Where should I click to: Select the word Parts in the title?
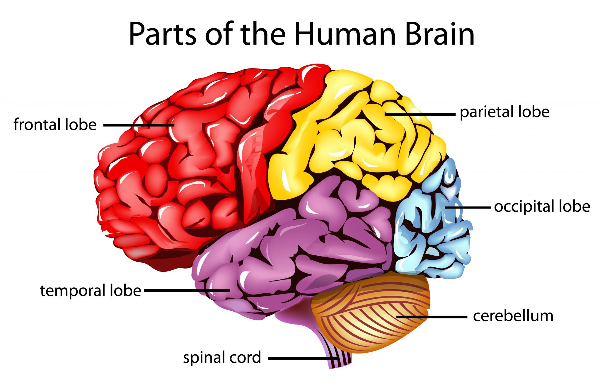(x=163, y=35)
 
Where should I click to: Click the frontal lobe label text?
(x=55, y=124)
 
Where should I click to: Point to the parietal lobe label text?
(x=504, y=112)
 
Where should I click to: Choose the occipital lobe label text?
(x=542, y=206)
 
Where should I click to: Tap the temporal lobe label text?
(x=91, y=291)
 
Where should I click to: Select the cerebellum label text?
(x=513, y=316)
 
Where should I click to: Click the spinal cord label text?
(x=222, y=358)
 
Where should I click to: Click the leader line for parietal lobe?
(x=420, y=114)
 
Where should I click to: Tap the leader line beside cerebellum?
(x=432, y=317)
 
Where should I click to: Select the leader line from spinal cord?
(x=302, y=358)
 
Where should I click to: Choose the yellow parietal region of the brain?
(x=352, y=132)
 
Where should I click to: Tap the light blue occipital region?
(x=431, y=228)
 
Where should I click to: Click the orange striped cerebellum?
(x=372, y=316)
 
